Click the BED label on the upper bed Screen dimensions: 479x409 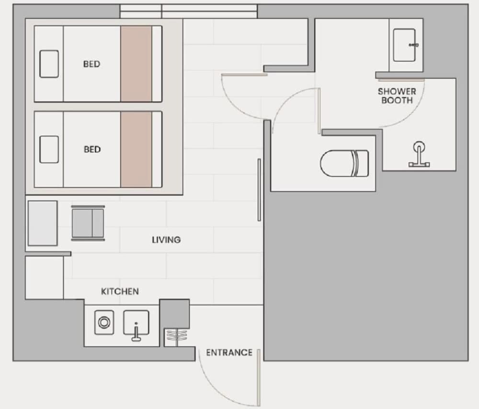91,64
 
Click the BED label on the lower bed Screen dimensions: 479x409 92,149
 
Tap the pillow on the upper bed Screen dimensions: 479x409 49,64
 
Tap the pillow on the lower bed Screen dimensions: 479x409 49,149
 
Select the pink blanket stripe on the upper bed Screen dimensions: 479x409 136,64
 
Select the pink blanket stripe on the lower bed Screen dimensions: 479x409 136,149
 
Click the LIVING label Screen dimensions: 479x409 167,240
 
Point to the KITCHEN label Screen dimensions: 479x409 120,291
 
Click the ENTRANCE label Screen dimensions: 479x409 229,352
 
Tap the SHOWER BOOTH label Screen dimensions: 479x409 397,96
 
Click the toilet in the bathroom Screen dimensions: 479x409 344,163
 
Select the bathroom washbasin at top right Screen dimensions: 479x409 405,45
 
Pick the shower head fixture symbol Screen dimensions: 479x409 419,154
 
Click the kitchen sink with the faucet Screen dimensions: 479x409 136,324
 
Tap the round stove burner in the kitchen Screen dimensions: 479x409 104,322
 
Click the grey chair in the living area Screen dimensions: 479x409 88,223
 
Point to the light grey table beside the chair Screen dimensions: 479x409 43,223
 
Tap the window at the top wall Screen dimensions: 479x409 188,11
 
